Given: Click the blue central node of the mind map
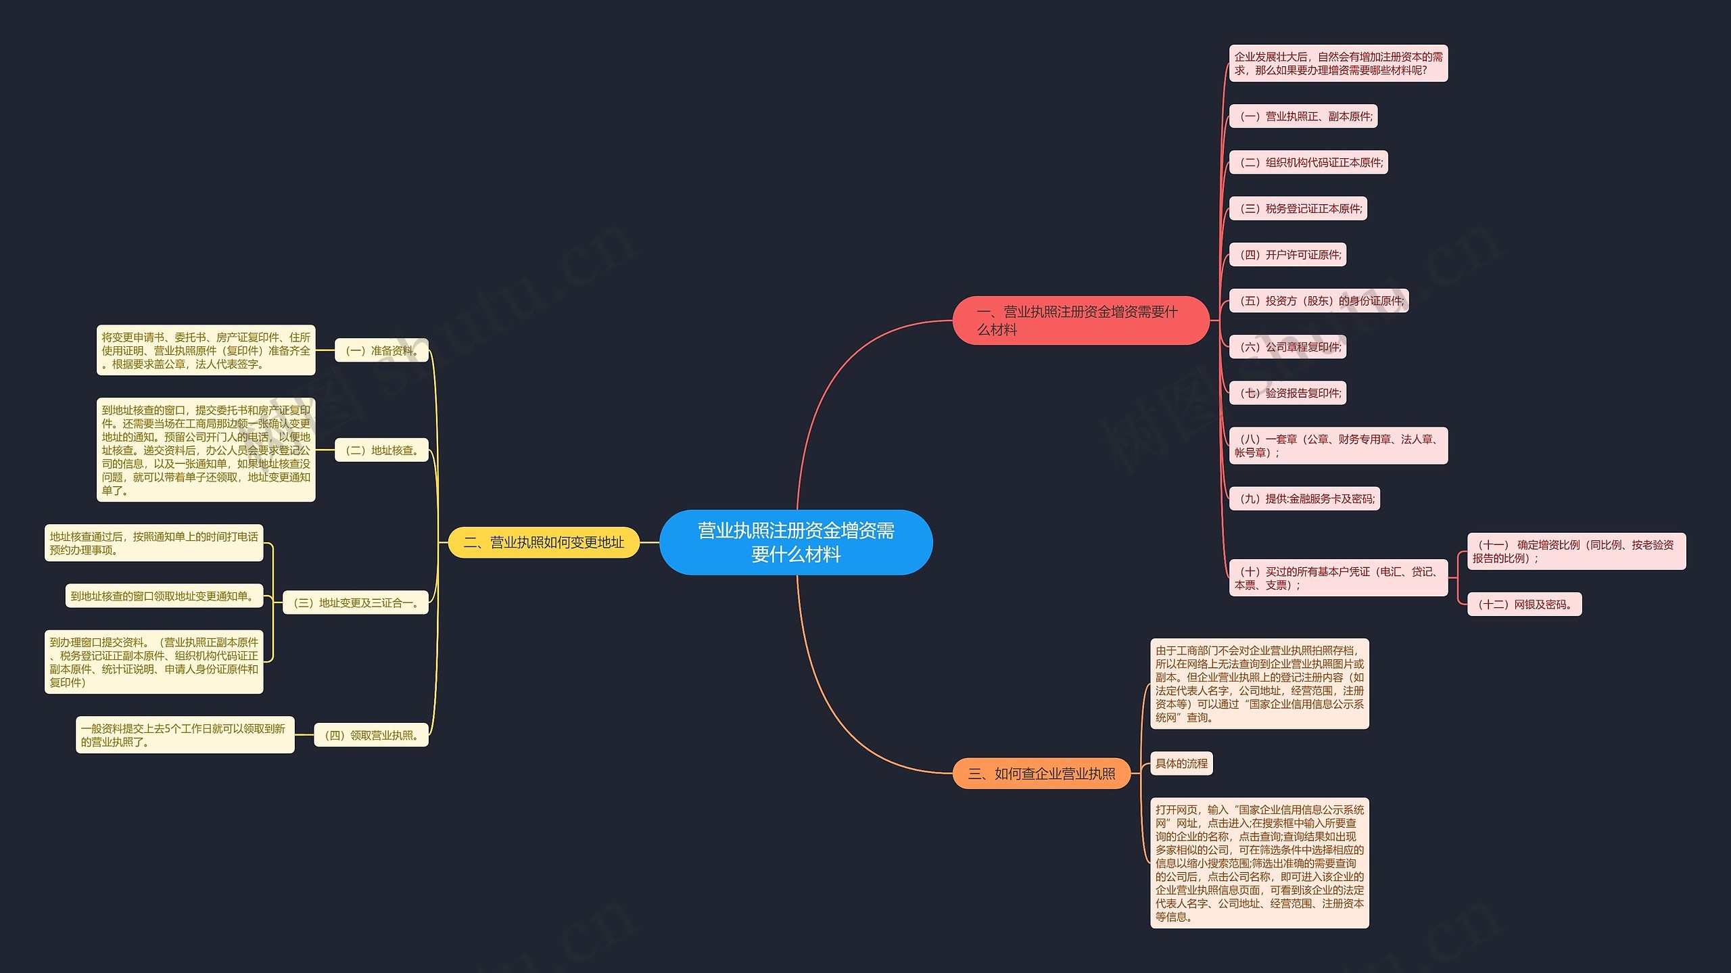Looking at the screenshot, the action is tap(796, 542).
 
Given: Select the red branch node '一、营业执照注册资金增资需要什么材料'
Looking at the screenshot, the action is tap(1081, 321).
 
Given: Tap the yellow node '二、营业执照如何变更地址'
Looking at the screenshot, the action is tap(544, 542).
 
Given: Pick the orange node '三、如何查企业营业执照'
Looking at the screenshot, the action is tap(1041, 774).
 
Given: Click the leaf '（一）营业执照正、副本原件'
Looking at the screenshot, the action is tap(1303, 116).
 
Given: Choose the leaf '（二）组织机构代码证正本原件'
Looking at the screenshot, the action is tap(1308, 162).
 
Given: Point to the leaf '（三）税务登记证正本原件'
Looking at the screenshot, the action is tap(1298, 208).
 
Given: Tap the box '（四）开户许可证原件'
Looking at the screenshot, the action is tap(1287, 255).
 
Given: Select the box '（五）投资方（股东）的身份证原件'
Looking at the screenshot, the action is tap(1319, 301).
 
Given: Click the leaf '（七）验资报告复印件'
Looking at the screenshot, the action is tap(1287, 393).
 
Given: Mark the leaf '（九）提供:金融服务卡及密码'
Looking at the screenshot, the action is tap(1304, 498).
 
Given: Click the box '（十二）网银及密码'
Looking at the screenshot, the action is tap(1524, 604).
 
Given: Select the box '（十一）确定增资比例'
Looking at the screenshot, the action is tap(1576, 551).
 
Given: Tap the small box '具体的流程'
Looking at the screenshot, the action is tap(1181, 763).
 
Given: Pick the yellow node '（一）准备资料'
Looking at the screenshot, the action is tap(381, 350).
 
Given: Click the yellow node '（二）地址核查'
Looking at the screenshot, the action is tap(381, 450).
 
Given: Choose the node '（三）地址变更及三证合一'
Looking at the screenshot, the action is tap(356, 602).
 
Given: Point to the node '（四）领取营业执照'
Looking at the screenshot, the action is tap(371, 735).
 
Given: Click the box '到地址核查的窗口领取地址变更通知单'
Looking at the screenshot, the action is tap(164, 596).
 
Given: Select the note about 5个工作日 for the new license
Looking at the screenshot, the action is tap(185, 735).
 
